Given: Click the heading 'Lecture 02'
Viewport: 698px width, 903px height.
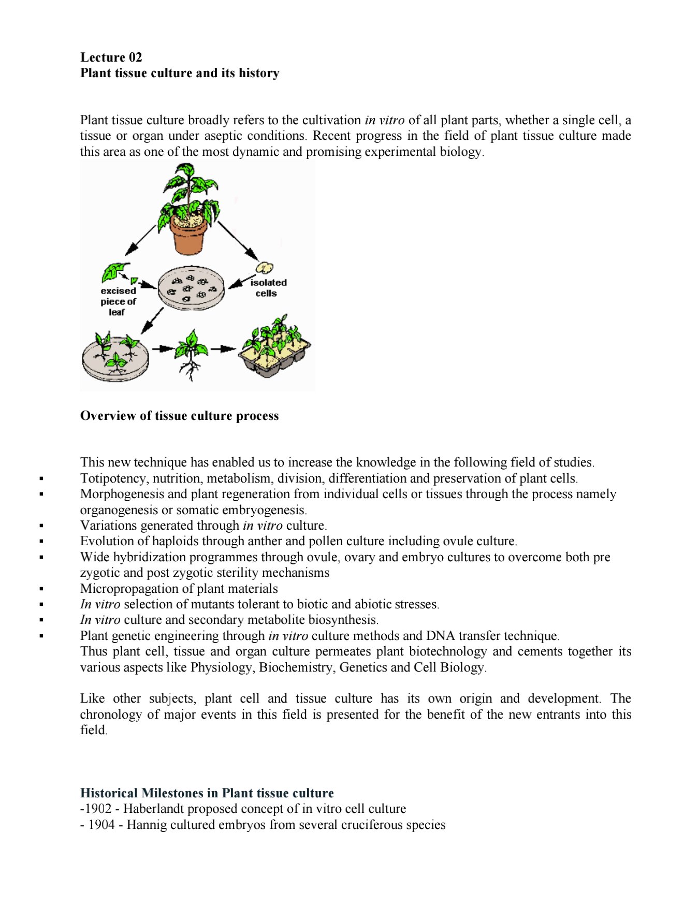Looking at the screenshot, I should [111, 57].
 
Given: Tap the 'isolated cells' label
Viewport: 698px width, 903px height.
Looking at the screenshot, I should [268, 288].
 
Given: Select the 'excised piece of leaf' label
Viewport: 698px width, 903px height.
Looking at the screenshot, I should [118, 301].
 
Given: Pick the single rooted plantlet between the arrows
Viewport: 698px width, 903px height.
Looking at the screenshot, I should [191, 354].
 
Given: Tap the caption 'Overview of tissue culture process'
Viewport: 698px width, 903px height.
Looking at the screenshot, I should [179, 416].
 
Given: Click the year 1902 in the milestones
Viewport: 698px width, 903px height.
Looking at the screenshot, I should [98, 809].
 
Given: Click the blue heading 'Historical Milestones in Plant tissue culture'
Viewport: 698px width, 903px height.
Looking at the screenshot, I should [207, 793].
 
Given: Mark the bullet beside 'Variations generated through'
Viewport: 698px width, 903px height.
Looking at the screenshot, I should [41, 526].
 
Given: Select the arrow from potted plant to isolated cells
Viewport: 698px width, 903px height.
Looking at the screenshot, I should [238, 241].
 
